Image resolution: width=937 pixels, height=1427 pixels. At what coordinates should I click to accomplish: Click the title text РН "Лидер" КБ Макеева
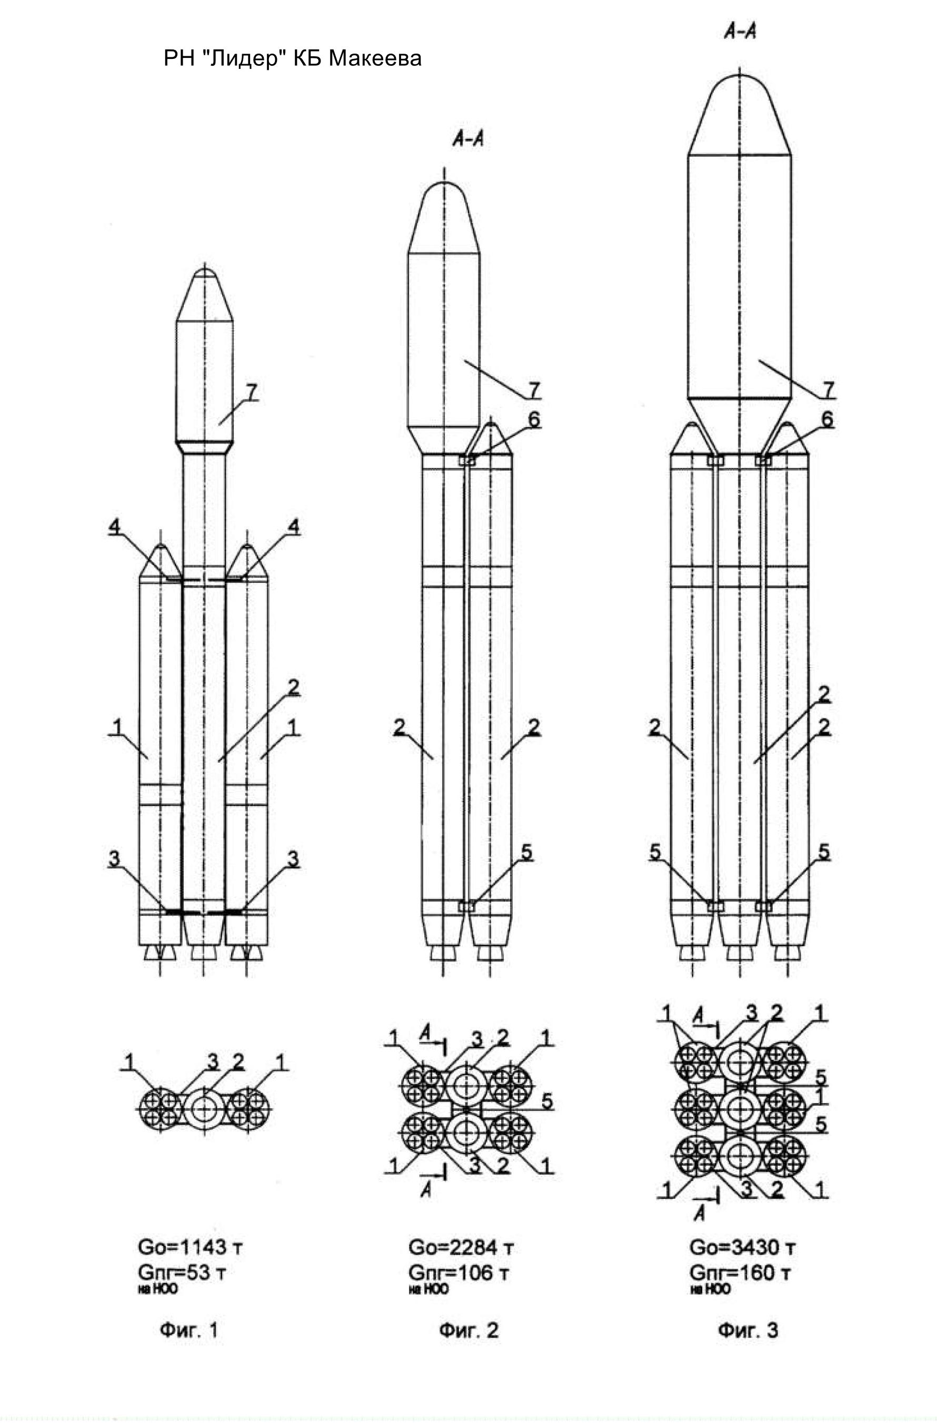292,58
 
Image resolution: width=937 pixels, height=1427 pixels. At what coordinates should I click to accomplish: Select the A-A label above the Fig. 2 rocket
468,140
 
